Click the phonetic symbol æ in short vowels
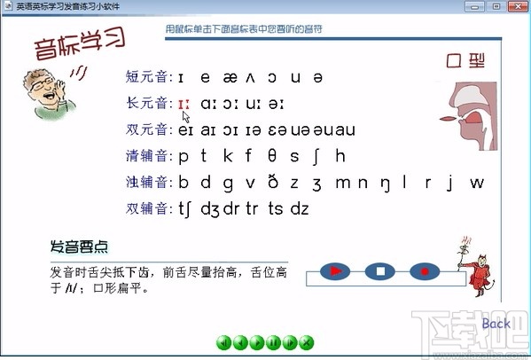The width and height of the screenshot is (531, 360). tap(230, 77)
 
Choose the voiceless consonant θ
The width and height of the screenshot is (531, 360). tap(271, 157)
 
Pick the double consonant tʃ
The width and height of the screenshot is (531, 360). tap(187, 210)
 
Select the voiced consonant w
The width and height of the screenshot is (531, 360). tap(477, 184)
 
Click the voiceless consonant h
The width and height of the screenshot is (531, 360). tap(340, 157)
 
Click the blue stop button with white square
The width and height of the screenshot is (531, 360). tap(379, 270)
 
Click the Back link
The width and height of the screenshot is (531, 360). tap(496, 324)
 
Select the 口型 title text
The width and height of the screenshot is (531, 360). tap(466, 62)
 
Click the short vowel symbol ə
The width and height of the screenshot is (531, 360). tap(318, 77)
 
